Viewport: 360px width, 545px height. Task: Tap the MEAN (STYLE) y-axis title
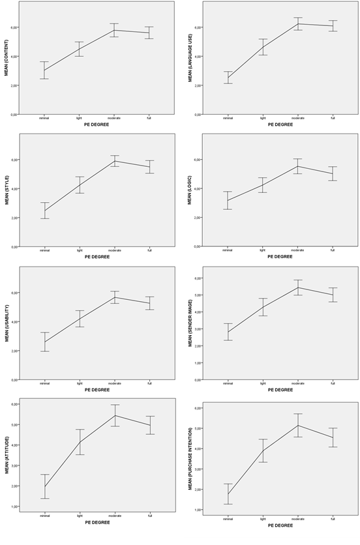[x=6, y=190]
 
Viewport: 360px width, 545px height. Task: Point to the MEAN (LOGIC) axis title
[x=190, y=190]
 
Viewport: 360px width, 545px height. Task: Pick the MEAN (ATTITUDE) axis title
[x=6, y=456]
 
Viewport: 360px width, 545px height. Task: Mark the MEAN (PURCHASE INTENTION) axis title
[x=190, y=458]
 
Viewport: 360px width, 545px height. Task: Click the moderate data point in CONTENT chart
[x=114, y=30]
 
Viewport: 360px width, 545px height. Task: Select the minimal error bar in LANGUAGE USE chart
[x=228, y=78]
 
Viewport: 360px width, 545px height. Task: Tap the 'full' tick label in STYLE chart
[x=149, y=250]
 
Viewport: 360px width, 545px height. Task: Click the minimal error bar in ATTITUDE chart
[x=44, y=486]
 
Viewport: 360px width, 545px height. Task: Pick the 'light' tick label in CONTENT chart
[x=80, y=118]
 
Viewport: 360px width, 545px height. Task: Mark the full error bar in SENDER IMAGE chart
[x=333, y=295]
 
